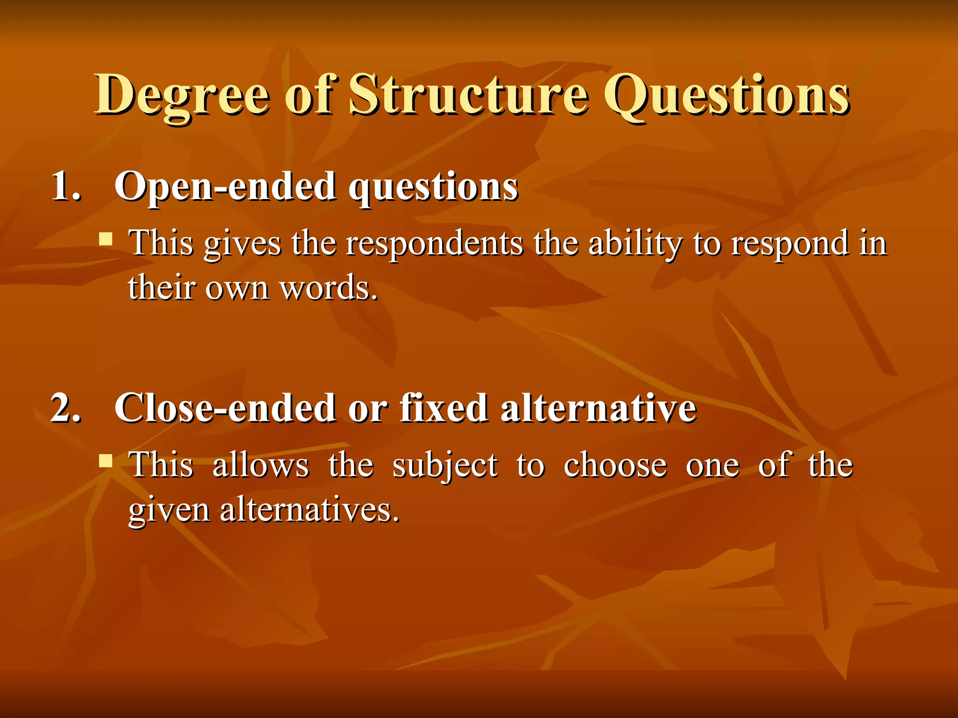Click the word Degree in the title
[x=182, y=96]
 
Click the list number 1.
[x=65, y=186]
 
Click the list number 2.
[x=65, y=408]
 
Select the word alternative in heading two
[x=598, y=408]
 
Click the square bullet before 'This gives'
[x=106, y=240]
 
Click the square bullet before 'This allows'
[x=106, y=461]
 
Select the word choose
[x=615, y=465]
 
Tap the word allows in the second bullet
[x=261, y=465]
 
